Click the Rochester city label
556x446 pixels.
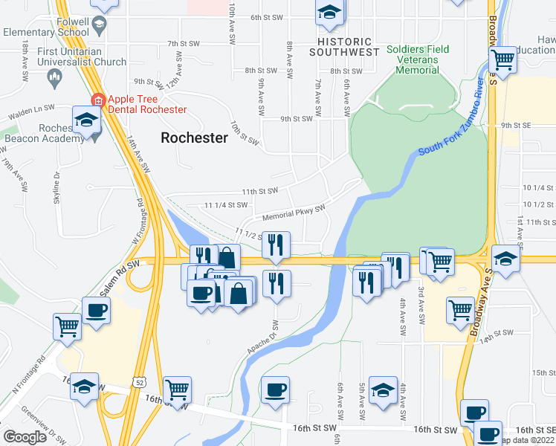pyautogui.click(x=194, y=138)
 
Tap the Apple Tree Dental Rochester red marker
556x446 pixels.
pyautogui.click(x=97, y=100)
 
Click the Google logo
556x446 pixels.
pyautogui.click(x=24, y=436)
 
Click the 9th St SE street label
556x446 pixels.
pyautogui.click(x=518, y=126)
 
